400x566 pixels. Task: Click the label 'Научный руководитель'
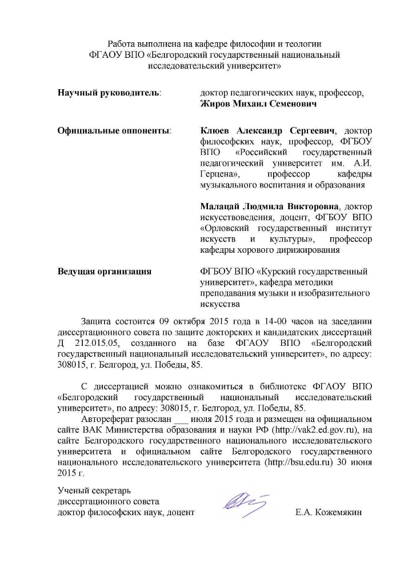109,92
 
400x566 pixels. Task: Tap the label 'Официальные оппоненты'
114,131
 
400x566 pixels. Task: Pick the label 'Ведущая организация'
104,271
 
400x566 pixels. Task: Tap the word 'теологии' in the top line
305,43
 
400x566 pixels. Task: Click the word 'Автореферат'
106,418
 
